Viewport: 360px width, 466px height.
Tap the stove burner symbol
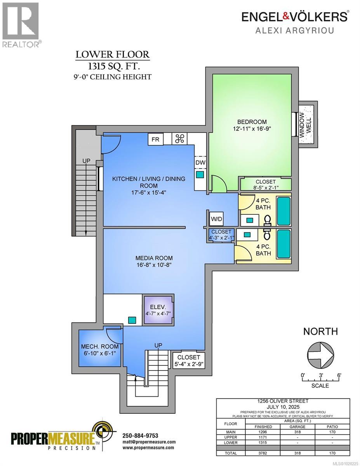pos(179,139)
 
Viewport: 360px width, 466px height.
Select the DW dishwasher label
pos(200,163)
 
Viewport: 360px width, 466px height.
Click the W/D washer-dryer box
pos(216,219)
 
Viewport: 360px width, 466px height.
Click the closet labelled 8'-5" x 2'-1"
pos(265,184)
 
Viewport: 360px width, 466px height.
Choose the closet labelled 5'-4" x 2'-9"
pos(188,360)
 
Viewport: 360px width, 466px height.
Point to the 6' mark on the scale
pos(339,376)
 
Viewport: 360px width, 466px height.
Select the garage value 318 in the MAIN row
pos(297,432)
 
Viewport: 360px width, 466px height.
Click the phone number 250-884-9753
pos(140,435)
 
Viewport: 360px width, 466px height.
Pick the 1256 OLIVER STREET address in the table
pos(283,401)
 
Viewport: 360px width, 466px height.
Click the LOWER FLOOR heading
pos(112,54)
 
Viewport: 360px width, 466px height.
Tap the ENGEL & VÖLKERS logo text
pos(295,16)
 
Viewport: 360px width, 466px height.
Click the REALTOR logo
pos(21,24)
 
